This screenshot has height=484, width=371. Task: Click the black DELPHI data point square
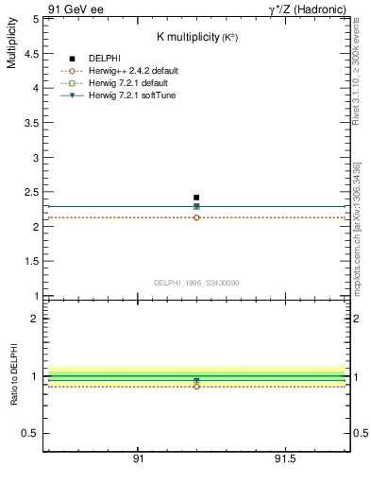coord(196,198)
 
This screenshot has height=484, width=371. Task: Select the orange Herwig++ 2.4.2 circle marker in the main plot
coord(196,217)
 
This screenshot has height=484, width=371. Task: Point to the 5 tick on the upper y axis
coord(35,18)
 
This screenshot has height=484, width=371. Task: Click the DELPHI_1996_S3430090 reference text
coord(196,283)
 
